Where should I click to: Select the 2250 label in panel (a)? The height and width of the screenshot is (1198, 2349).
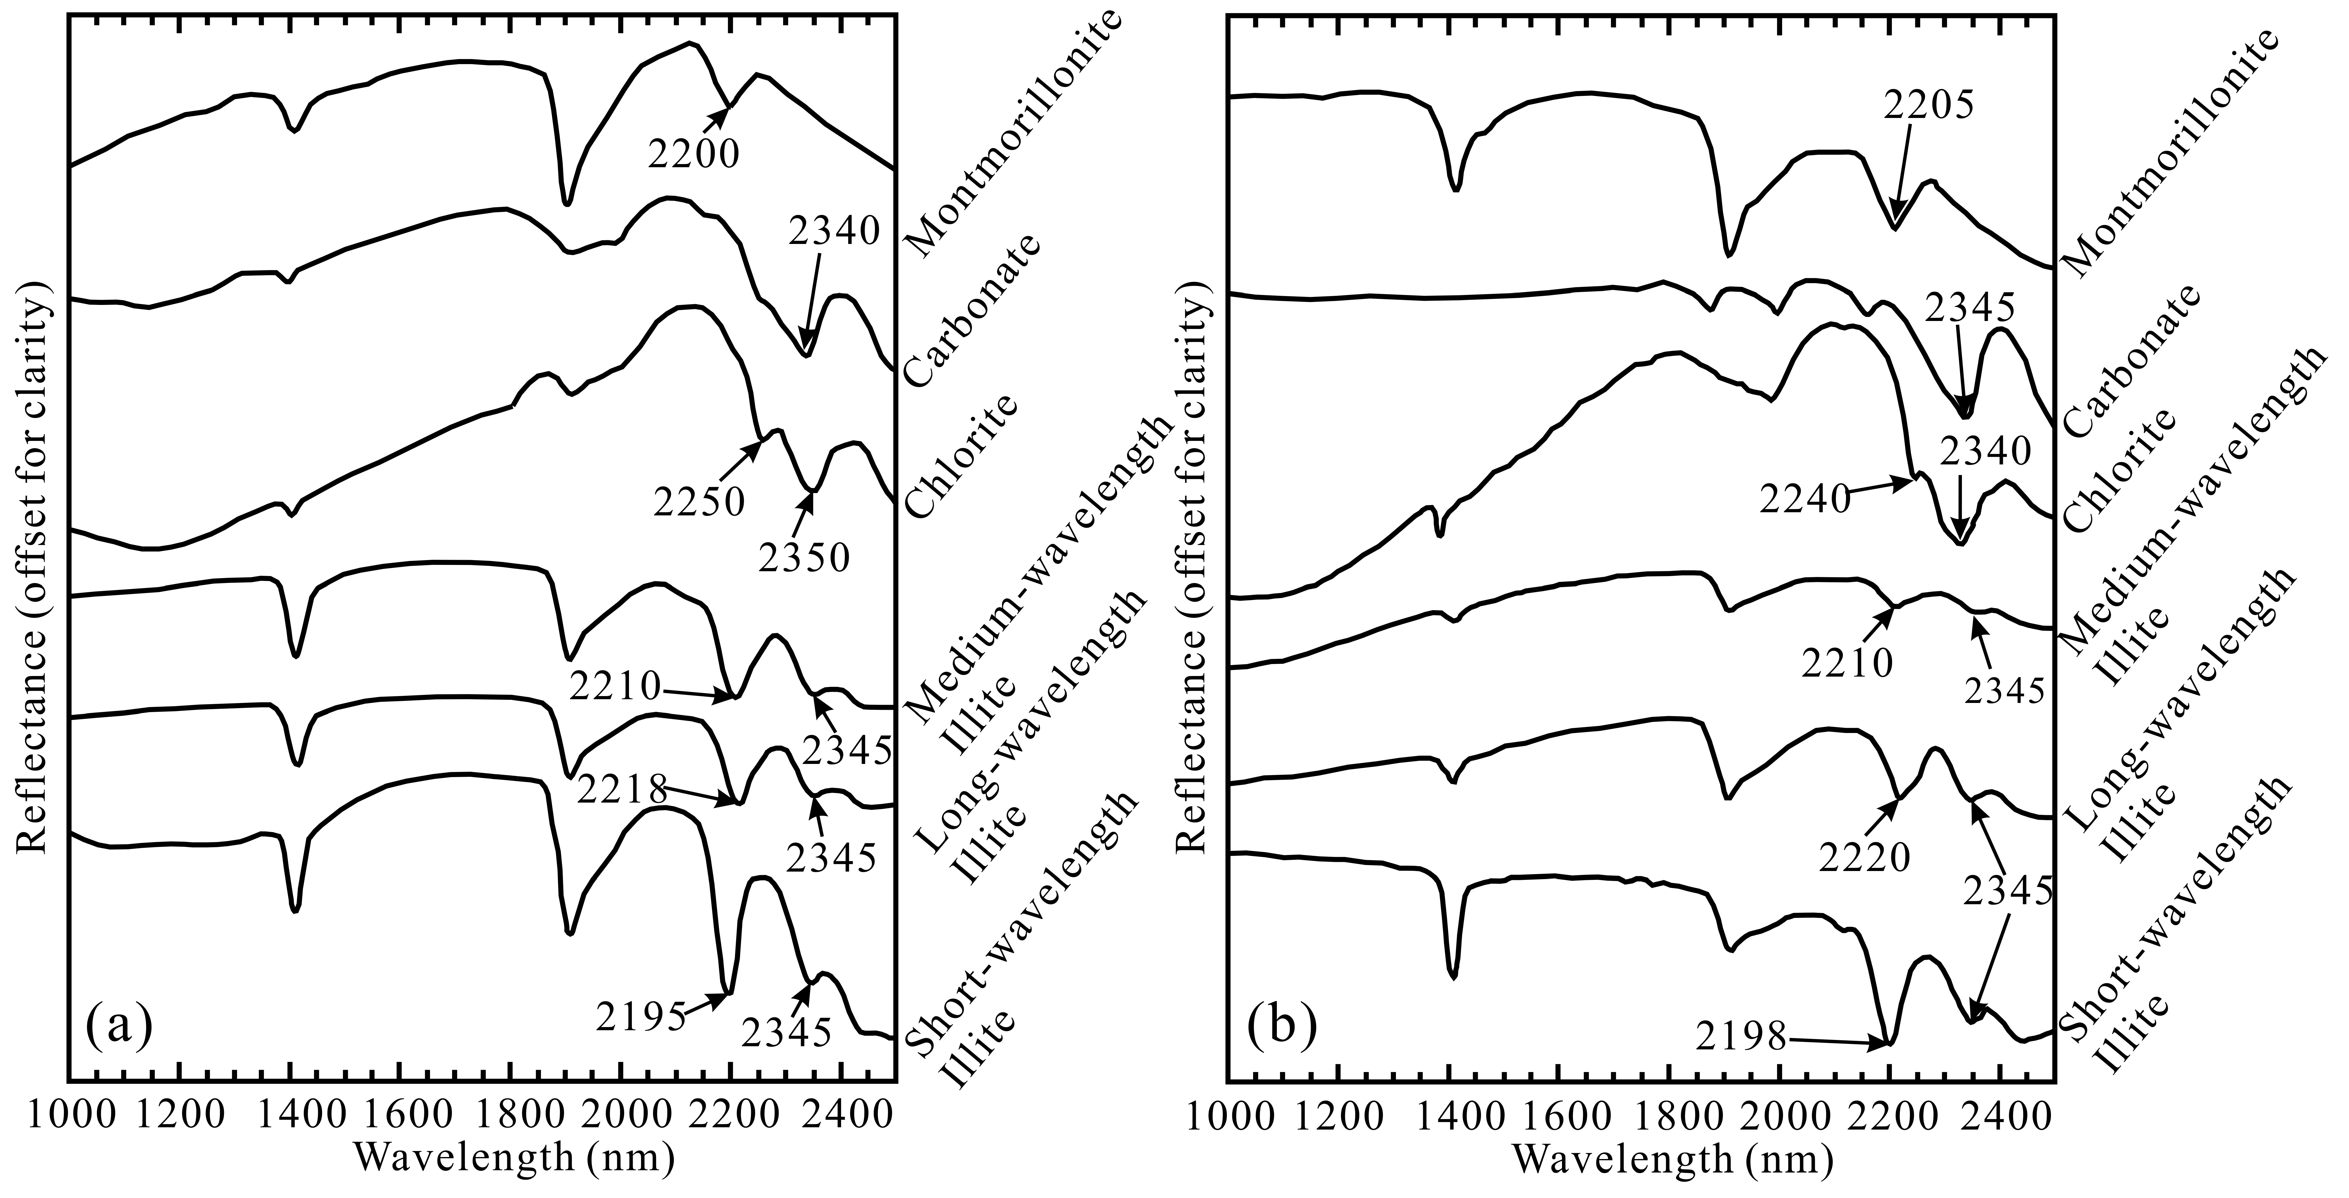pos(699,500)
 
